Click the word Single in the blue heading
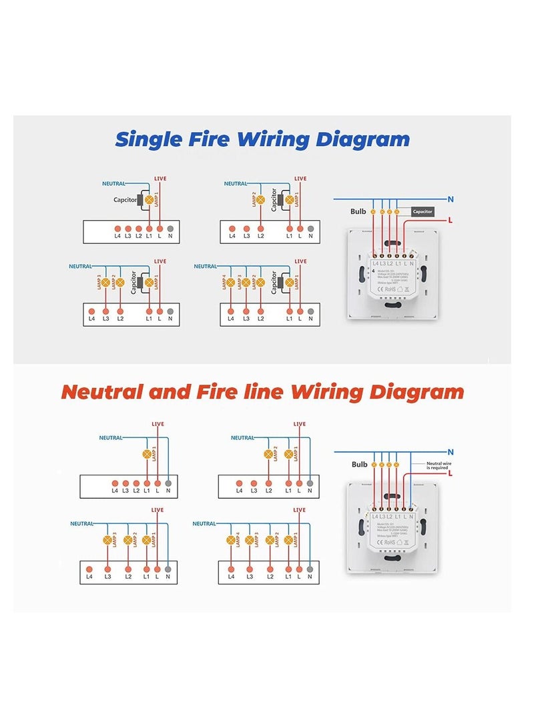(148, 139)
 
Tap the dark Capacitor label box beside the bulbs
(422, 211)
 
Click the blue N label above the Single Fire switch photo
(451, 199)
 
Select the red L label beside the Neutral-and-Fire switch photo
(451, 474)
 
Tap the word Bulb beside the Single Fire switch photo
(358, 211)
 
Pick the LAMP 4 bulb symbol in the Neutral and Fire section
(231, 539)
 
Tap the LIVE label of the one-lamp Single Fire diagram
(160, 179)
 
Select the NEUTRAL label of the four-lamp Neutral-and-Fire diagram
(204, 524)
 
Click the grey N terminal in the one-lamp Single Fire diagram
(170, 228)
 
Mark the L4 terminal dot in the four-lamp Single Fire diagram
(231, 311)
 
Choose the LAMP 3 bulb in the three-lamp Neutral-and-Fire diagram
(107, 539)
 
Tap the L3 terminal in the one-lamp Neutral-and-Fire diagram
(125, 483)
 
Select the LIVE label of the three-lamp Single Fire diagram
(160, 261)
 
